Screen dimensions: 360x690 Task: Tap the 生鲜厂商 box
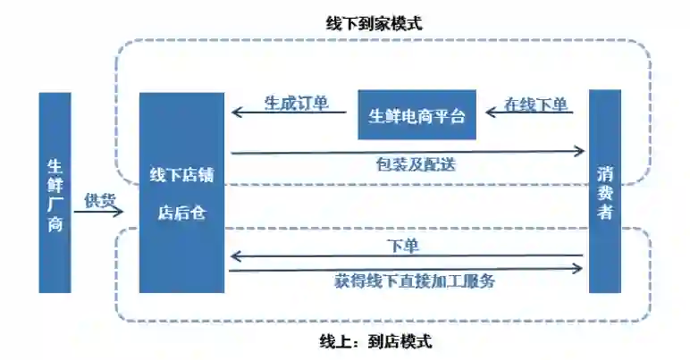(x=55, y=193)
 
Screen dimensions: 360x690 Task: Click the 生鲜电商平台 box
(x=417, y=115)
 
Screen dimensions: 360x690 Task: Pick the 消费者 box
(x=604, y=191)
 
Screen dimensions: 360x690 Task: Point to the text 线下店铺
(x=181, y=174)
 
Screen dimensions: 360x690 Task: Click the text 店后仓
(x=181, y=213)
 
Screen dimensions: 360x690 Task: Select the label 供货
(x=99, y=200)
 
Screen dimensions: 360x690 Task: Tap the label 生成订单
(x=293, y=103)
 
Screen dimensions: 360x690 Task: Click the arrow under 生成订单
(x=290, y=113)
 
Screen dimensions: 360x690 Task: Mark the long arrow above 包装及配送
(x=407, y=152)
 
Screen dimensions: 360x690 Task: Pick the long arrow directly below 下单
(x=407, y=257)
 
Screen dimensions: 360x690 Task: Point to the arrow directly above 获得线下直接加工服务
(x=407, y=269)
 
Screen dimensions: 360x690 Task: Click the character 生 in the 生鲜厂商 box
(x=55, y=166)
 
